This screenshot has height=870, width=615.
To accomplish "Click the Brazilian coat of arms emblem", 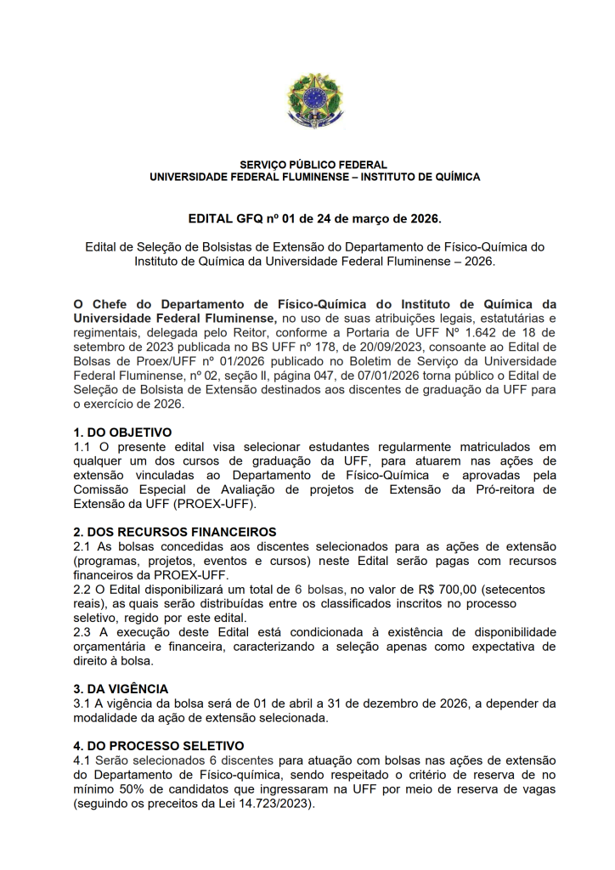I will coord(314,100).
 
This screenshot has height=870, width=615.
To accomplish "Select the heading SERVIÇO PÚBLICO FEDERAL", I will coord(313,165).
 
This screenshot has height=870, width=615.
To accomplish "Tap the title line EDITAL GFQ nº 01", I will coord(314,218).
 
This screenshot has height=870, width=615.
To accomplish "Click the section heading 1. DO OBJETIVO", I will coord(122,432).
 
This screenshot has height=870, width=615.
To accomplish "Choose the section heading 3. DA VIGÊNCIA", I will coord(121,688).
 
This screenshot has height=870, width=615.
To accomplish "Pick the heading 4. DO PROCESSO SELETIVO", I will coord(159,745).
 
